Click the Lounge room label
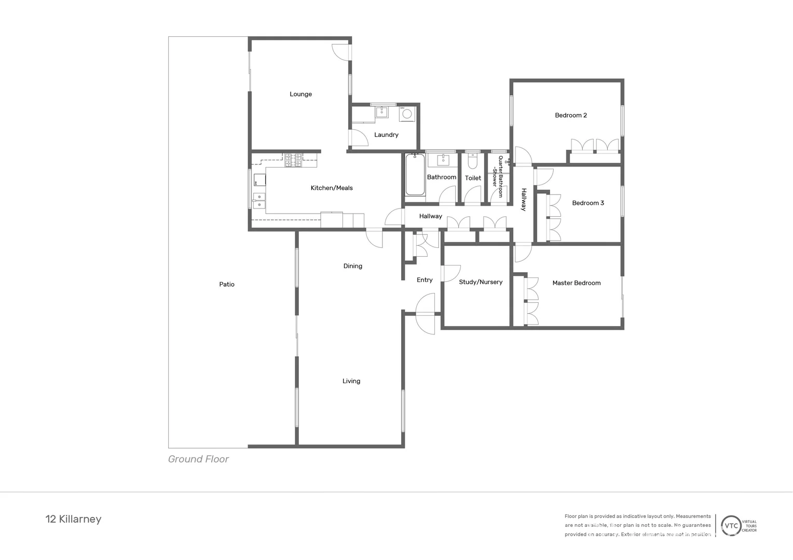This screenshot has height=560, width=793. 300,94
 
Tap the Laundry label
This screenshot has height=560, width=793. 386,135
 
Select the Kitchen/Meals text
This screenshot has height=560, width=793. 332,188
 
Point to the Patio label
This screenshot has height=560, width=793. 227,285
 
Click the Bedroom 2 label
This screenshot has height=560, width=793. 571,116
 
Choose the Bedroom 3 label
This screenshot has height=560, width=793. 588,203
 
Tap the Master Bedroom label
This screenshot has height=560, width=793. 576,283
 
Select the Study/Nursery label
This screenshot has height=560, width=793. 481,282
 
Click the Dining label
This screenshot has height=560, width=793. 352,267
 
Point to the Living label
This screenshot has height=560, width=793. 351,381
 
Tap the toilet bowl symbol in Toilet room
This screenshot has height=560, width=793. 472,162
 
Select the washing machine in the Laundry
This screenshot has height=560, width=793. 407,114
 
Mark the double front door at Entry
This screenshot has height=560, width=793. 426,314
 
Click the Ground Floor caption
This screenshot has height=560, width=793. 198,459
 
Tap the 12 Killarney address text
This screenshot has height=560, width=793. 74,520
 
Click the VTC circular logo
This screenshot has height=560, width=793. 731,526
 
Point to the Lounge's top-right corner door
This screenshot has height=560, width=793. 340,52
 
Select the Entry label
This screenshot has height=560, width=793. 425,280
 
